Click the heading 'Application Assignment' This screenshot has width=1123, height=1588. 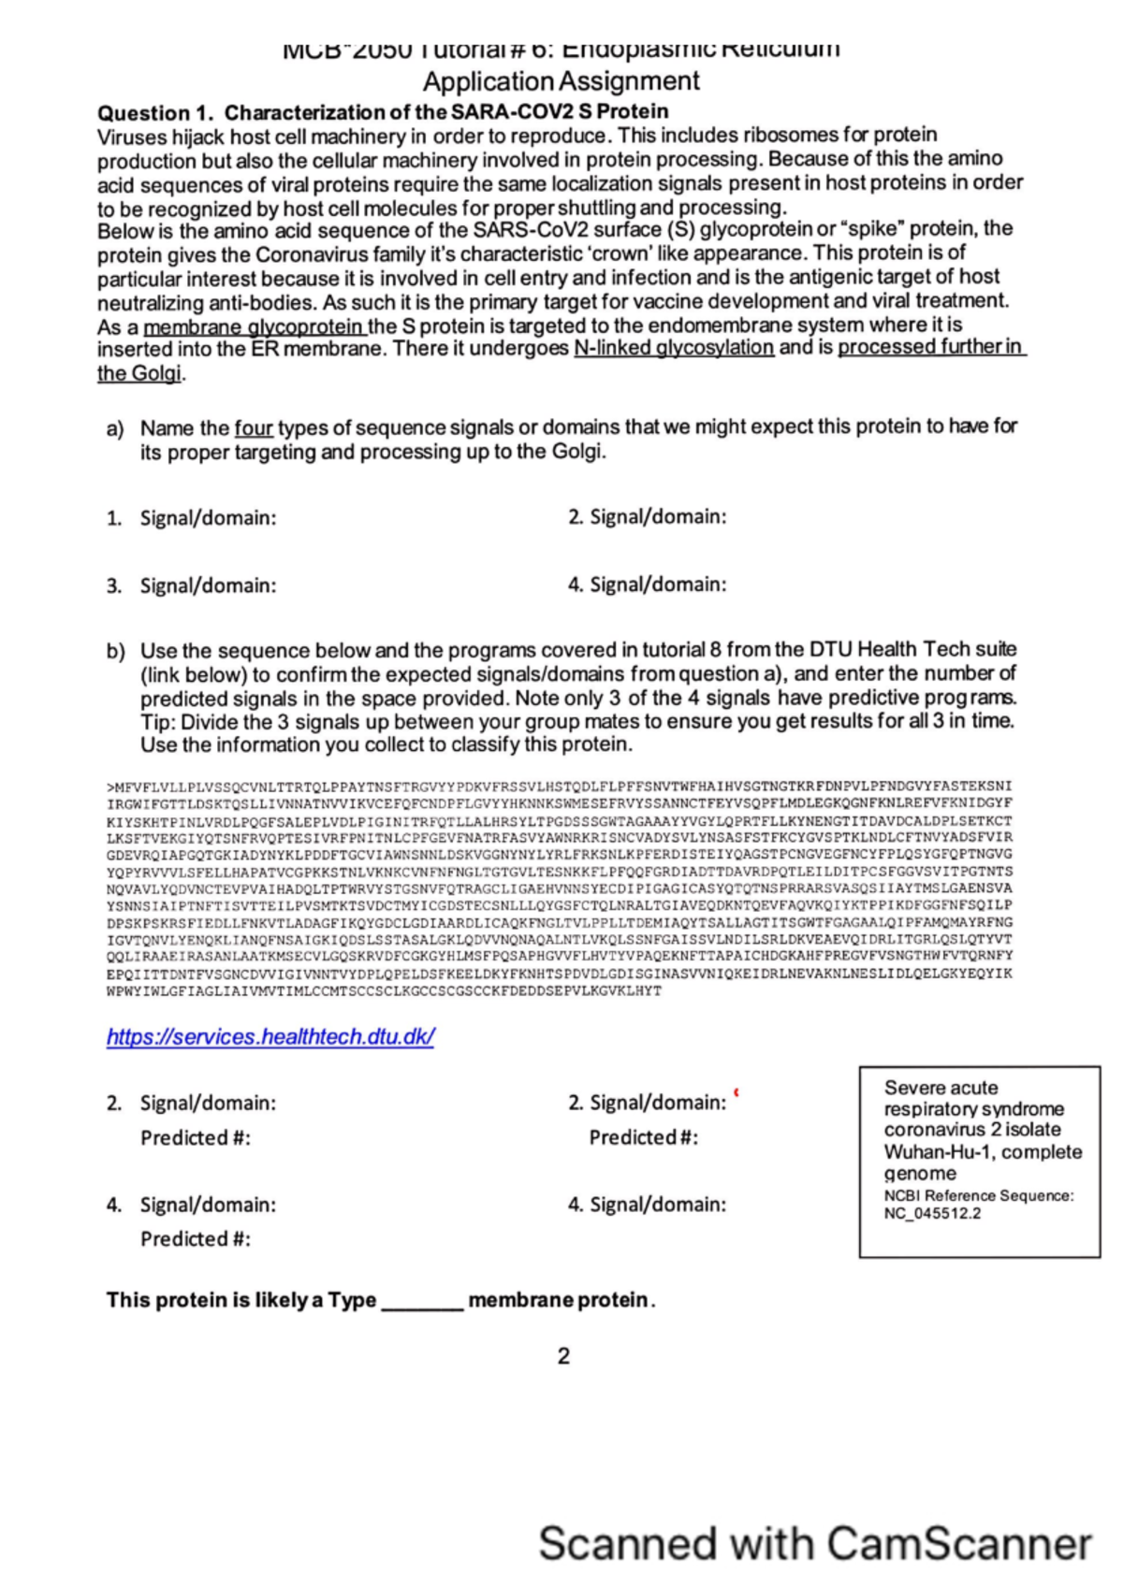(561, 81)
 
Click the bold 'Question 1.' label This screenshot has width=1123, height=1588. (156, 113)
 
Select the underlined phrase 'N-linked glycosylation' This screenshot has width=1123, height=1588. (673, 348)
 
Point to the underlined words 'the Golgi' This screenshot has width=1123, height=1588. (140, 373)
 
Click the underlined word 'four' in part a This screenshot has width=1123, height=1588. (253, 428)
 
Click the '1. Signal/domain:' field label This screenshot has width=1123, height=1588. (192, 518)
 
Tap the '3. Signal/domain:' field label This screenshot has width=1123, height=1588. (192, 586)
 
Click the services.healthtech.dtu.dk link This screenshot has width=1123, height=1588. (270, 1037)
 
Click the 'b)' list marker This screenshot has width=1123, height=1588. (115, 651)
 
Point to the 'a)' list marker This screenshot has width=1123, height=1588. (115, 429)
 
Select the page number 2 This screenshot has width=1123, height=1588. (563, 1356)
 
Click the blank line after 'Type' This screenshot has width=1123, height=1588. (422, 1302)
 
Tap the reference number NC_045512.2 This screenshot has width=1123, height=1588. (932, 1214)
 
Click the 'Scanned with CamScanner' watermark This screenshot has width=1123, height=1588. (814, 1543)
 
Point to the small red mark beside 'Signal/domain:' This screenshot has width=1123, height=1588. (737, 1092)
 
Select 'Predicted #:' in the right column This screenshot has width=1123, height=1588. (643, 1138)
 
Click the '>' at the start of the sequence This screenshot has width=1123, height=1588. (109, 787)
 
